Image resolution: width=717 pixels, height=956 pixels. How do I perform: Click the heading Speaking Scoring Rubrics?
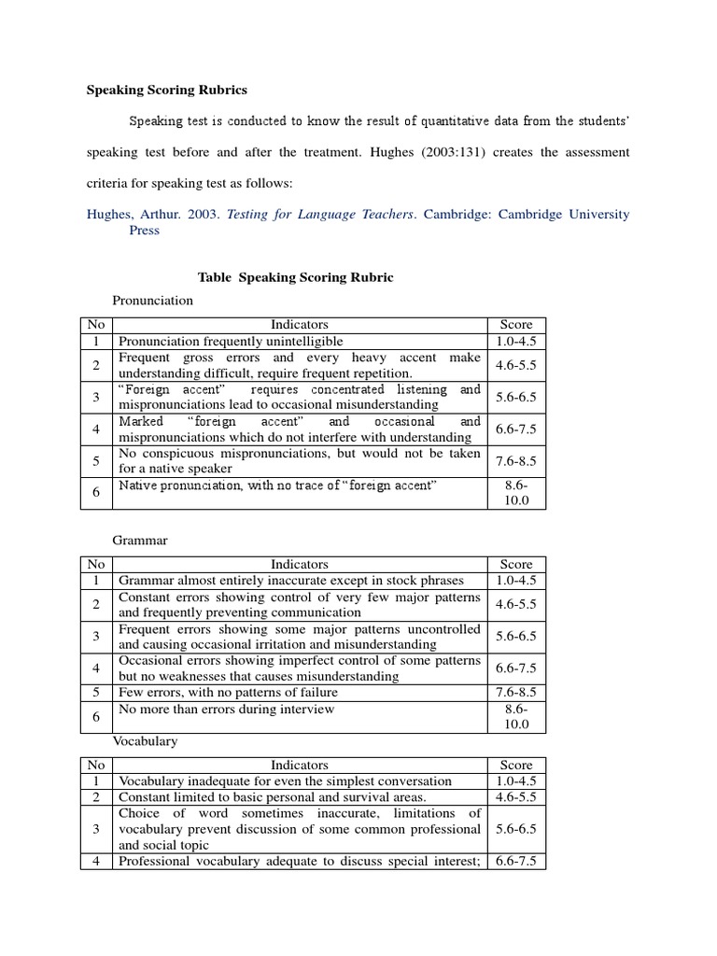167,91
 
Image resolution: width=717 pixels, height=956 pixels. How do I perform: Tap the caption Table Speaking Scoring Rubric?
296,277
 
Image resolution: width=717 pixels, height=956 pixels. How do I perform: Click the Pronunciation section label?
153,301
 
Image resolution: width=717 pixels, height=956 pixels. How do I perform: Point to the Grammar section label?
140,541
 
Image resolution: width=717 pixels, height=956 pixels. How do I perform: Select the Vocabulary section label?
146,740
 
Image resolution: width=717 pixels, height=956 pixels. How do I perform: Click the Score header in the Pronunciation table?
516,325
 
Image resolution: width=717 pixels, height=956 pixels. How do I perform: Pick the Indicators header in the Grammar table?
300,564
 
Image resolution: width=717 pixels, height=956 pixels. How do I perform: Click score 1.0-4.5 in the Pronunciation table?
516,342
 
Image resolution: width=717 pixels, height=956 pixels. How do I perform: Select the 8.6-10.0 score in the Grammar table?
516,716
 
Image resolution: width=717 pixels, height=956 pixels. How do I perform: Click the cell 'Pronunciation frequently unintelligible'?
231,342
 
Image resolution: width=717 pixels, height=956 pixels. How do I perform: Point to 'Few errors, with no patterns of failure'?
228,692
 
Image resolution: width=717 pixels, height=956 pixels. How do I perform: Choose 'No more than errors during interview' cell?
226,709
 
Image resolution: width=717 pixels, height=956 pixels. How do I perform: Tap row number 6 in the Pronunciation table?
96,493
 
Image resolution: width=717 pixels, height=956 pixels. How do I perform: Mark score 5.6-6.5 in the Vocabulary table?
516,828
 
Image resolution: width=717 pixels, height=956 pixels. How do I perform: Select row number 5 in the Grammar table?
96,692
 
